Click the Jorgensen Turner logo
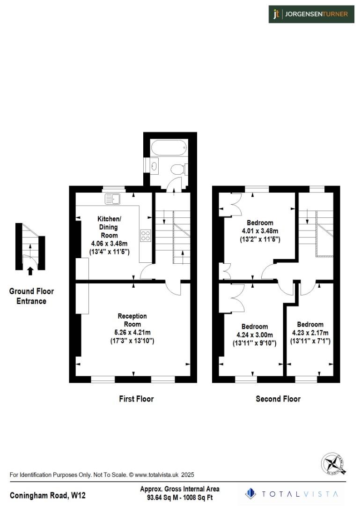[x=311, y=14]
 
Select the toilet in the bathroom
[x=178, y=169]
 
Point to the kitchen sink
[x=113, y=199]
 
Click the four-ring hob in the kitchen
[x=146, y=235]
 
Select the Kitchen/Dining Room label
[x=109, y=227]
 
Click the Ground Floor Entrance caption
[x=31, y=296]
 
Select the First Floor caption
[x=136, y=399]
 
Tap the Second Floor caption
[x=278, y=399]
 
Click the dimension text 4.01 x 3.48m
[x=260, y=231]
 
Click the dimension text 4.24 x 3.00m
[x=255, y=335]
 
